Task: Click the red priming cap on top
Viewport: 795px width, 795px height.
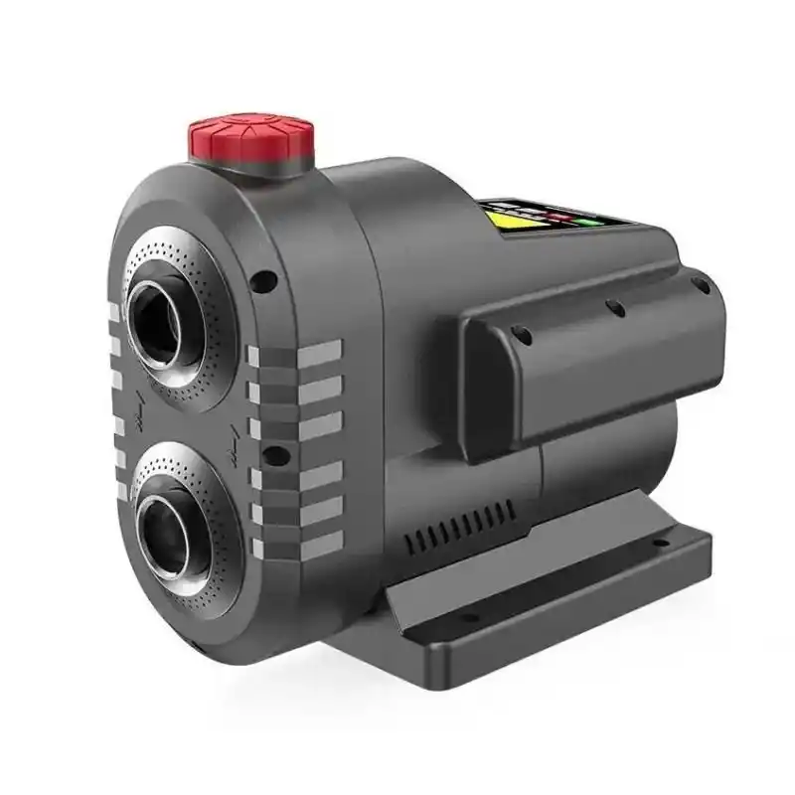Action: point(251,140)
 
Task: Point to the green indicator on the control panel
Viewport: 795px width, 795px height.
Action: point(594,221)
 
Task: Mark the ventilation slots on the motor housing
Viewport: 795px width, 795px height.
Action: point(462,528)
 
